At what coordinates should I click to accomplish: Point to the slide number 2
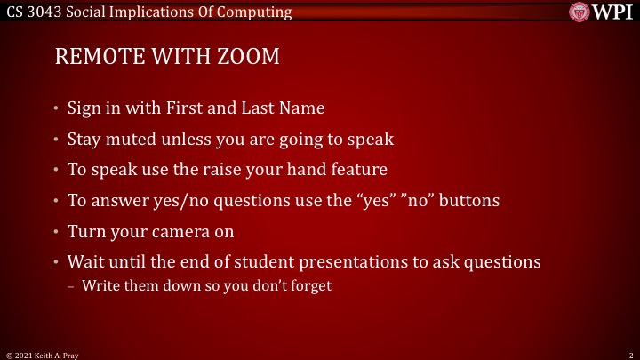(629, 354)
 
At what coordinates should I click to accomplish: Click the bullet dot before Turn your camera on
(56, 232)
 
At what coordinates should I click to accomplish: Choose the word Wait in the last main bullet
(84, 262)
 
